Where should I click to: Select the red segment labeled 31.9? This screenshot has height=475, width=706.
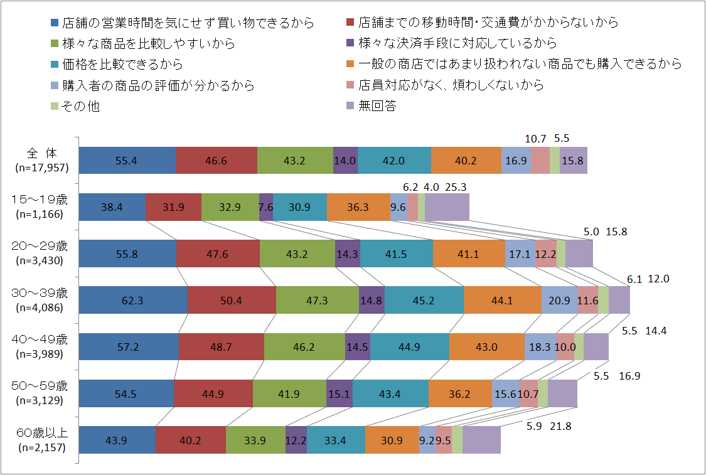(x=173, y=207)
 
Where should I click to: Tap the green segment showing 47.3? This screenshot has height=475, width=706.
(x=317, y=301)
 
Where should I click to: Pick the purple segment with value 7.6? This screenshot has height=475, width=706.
(x=266, y=207)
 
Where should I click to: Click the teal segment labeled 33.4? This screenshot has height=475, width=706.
(x=336, y=440)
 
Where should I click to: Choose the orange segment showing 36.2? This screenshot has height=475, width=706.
(x=460, y=394)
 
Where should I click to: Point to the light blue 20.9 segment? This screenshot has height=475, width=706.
(x=559, y=301)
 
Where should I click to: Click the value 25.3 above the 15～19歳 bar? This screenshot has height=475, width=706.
(x=456, y=187)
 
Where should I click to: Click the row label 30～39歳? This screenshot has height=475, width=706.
(x=42, y=293)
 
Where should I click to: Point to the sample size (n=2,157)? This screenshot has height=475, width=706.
(x=42, y=447)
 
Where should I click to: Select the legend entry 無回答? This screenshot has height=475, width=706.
(x=377, y=106)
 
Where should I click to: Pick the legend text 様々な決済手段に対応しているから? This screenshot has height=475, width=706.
(x=457, y=43)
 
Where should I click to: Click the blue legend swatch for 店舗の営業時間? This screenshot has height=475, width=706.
(x=55, y=23)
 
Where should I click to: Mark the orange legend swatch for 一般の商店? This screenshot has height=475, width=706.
(x=351, y=64)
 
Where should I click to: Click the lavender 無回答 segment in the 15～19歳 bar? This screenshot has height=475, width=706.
(x=447, y=207)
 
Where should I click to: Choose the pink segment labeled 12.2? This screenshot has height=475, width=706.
(x=546, y=254)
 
